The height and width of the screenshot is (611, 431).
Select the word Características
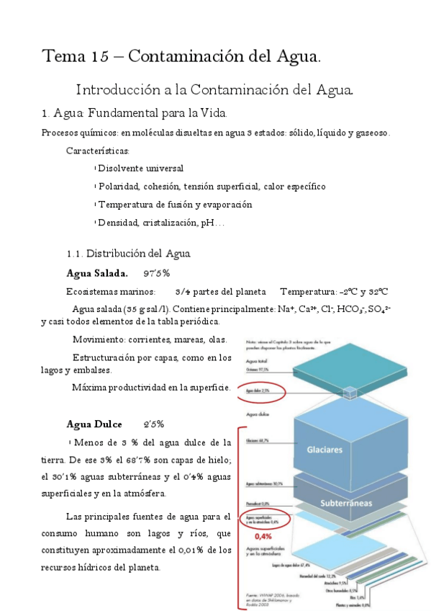98,151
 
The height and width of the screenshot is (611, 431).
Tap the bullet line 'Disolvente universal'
140,169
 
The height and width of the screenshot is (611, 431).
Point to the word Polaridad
119,186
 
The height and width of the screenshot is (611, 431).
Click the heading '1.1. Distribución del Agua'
128,254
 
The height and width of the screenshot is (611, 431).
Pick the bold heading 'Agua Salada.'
97,273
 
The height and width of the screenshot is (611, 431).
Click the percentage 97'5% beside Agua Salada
156,273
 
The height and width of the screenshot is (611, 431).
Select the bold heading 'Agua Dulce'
94,423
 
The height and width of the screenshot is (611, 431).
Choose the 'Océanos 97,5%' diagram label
258,369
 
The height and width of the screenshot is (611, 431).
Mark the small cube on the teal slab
350,392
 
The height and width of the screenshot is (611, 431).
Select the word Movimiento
98,339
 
